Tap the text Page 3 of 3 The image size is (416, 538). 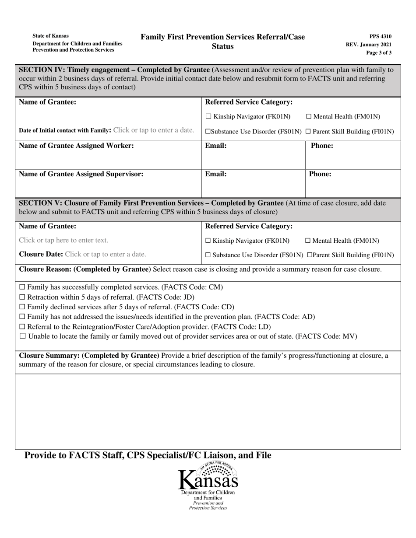379,52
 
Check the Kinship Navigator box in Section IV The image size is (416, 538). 208,117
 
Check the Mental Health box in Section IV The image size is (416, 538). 309,117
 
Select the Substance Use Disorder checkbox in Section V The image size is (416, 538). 208,255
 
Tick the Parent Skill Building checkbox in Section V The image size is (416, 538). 310,255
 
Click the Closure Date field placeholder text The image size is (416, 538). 106,254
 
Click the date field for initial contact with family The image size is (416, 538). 154,130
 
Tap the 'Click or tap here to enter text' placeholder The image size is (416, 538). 63,240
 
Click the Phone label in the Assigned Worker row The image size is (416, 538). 322,146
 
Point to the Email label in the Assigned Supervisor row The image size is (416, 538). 216,174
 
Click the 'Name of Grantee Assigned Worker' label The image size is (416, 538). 77,146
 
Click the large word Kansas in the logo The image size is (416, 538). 208,481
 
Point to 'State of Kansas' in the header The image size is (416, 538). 50,36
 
